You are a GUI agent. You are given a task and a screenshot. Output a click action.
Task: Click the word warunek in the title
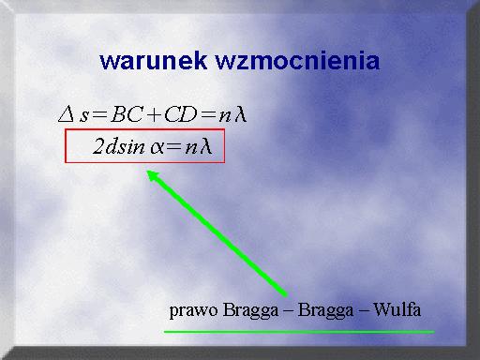pyautogui.click(x=154, y=61)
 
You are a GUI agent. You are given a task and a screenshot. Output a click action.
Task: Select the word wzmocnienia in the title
pyautogui.click(x=297, y=61)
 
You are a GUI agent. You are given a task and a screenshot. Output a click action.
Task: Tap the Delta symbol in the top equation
pyautogui.click(x=67, y=114)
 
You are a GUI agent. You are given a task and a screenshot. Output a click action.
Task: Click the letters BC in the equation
pyautogui.click(x=126, y=114)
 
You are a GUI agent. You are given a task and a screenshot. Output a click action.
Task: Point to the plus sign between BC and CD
pyautogui.click(x=153, y=115)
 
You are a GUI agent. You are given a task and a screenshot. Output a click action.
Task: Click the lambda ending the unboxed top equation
pyautogui.click(x=241, y=113)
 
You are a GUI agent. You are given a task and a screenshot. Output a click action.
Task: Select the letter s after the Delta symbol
pyautogui.click(x=84, y=116)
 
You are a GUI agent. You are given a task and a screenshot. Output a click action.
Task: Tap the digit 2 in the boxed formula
pyautogui.click(x=98, y=146)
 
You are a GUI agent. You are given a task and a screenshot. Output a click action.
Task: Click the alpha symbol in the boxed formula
pyautogui.click(x=157, y=148)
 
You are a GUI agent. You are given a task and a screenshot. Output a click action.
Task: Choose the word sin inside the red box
pyautogui.click(x=132, y=147)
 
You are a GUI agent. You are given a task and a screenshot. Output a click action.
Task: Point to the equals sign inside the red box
pyautogui.click(x=173, y=147)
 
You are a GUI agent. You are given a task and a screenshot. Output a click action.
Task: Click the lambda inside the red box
pyautogui.click(x=206, y=146)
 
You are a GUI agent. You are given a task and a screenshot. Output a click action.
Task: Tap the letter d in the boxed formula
pyautogui.click(x=112, y=146)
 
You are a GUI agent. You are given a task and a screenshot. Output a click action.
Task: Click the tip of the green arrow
pyautogui.click(x=147, y=171)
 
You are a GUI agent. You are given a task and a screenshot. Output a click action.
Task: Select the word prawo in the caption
pyautogui.click(x=193, y=311)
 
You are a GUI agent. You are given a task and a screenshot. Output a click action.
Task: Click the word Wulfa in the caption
pyautogui.click(x=397, y=309)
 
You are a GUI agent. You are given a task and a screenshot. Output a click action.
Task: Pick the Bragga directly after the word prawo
pyautogui.click(x=250, y=311)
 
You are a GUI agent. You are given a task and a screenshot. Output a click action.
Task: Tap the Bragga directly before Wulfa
pyautogui.click(x=325, y=311)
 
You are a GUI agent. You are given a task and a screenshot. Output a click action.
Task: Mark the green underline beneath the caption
pyautogui.click(x=299, y=332)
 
